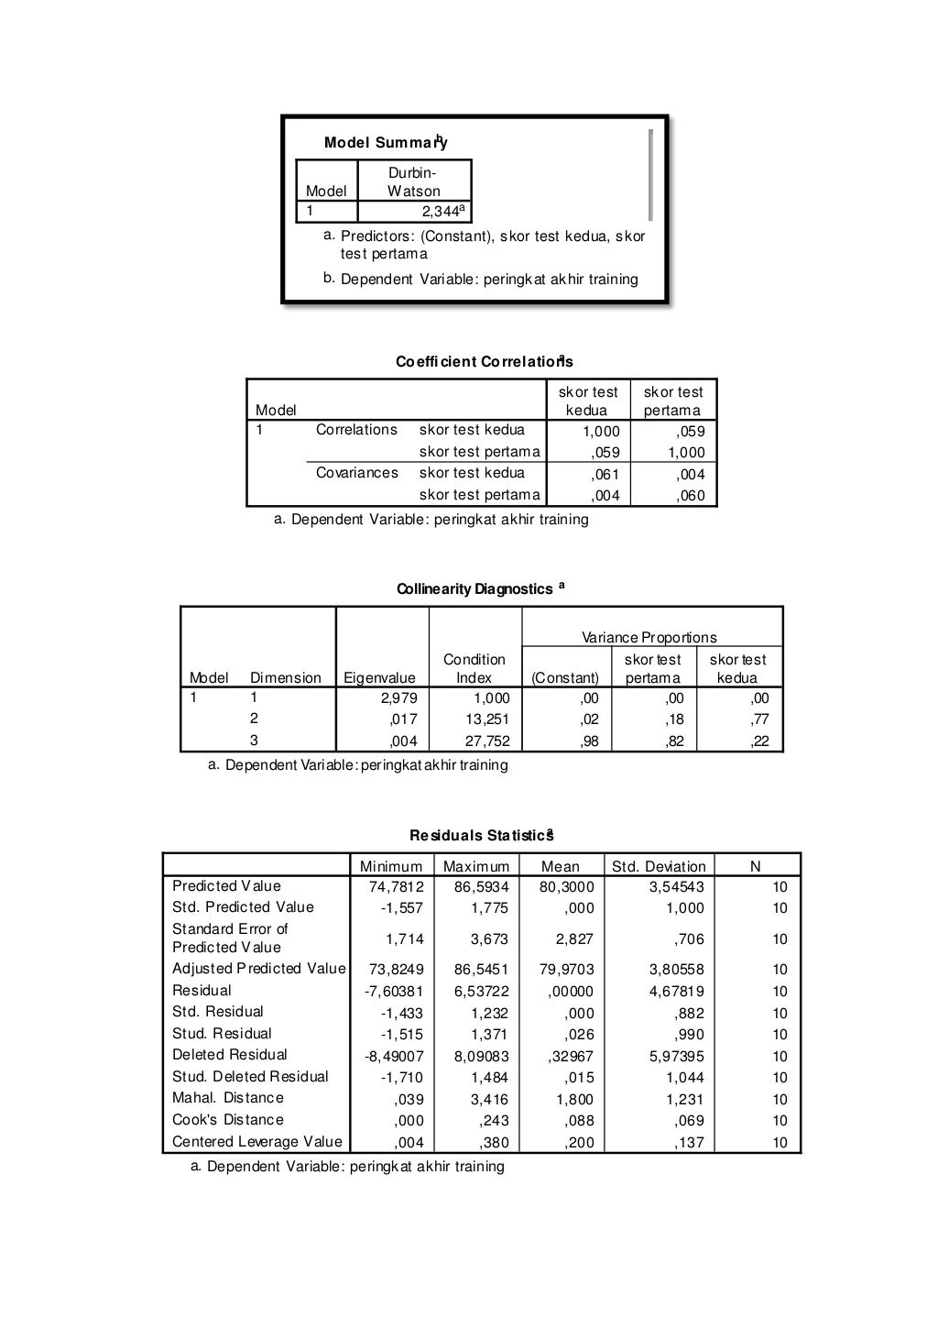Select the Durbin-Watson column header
point(413,182)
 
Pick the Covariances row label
point(356,473)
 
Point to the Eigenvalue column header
point(379,678)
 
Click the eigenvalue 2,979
point(398,697)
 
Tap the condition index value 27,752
point(487,741)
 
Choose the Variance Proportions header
point(649,637)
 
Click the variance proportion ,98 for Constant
point(589,741)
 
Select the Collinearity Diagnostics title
point(475,589)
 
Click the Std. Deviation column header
point(659,866)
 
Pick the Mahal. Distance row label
point(228,1098)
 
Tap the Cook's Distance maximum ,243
point(494,1120)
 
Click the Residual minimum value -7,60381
point(394,991)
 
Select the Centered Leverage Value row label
point(257,1142)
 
